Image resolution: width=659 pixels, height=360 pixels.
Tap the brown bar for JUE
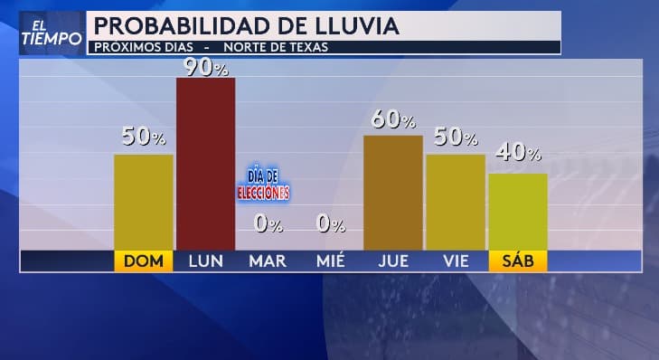(x=392, y=192)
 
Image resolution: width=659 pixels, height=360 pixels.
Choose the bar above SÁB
(x=517, y=211)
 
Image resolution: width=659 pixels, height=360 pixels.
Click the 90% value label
(x=205, y=66)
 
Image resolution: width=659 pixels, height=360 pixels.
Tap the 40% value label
(x=518, y=155)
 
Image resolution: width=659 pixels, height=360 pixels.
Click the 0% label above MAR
(x=268, y=223)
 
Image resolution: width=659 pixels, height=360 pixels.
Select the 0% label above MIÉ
(x=330, y=223)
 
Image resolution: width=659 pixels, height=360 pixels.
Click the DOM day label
(x=144, y=261)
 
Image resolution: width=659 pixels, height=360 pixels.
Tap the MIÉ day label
(x=330, y=261)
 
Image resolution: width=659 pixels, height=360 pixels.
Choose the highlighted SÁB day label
(x=518, y=261)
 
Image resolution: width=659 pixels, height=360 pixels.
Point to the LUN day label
(x=205, y=261)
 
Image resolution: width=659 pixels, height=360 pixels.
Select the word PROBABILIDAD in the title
(x=180, y=25)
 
